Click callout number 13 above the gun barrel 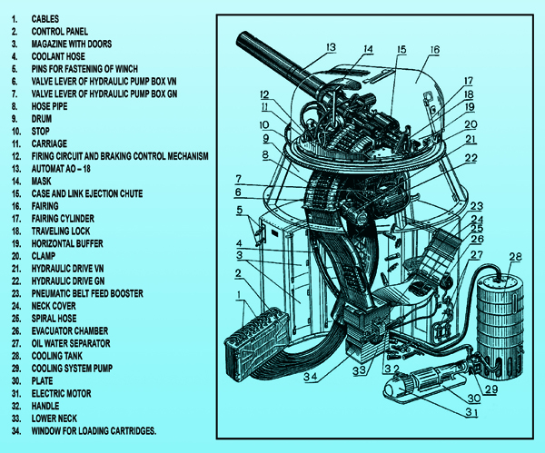(x=329, y=47)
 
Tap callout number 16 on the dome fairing (x=434, y=51)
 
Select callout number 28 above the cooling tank (x=515, y=255)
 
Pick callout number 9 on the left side (x=267, y=139)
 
